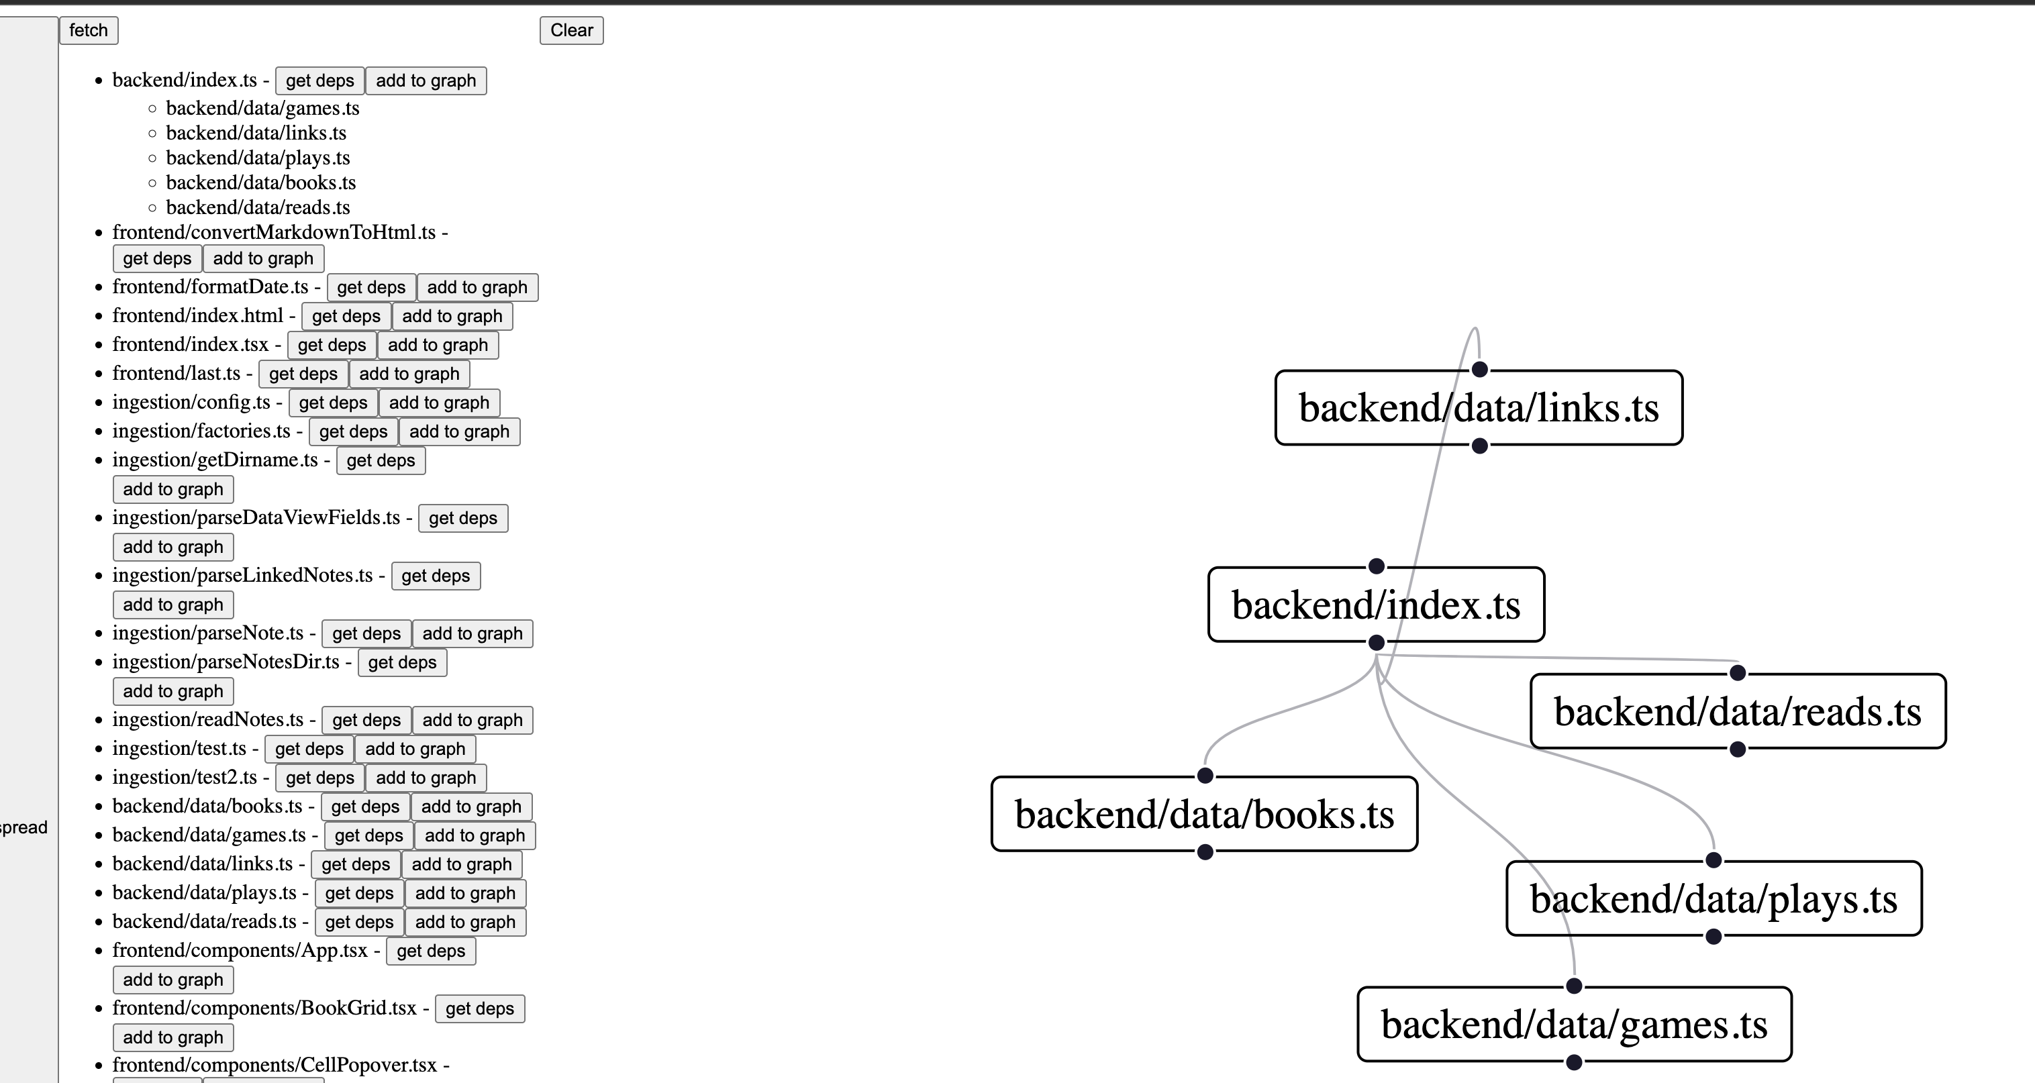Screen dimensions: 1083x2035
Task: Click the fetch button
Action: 89,30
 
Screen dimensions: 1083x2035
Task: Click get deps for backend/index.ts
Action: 319,81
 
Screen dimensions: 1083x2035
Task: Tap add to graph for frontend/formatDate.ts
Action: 477,288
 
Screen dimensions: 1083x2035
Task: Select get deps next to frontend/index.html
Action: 346,316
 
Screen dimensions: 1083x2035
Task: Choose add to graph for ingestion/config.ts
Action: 438,403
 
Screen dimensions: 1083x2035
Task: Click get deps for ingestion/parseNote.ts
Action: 366,633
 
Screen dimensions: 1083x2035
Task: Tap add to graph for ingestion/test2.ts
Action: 425,778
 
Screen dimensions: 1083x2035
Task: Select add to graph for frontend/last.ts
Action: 409,374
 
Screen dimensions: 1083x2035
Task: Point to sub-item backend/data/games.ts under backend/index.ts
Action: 262,108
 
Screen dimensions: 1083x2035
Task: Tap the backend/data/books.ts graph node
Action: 1204,815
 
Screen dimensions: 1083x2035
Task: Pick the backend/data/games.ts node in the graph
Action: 1574,1025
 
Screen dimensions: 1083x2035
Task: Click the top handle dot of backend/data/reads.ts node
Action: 1737,673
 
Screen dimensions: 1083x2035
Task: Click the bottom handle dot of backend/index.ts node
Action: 1376,642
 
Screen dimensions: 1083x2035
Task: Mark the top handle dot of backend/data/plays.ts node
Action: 1713,860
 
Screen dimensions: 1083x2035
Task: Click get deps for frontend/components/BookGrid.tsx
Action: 479,1009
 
